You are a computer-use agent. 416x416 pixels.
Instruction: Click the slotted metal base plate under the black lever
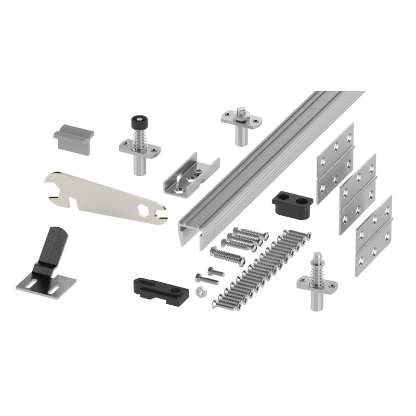pyautogui.click(x=52, y=283)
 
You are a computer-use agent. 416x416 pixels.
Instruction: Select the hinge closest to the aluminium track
pyautogui.click(x=335, y=163)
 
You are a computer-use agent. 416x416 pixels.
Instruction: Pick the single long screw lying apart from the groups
pyautogui.click(x=227, y=256)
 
